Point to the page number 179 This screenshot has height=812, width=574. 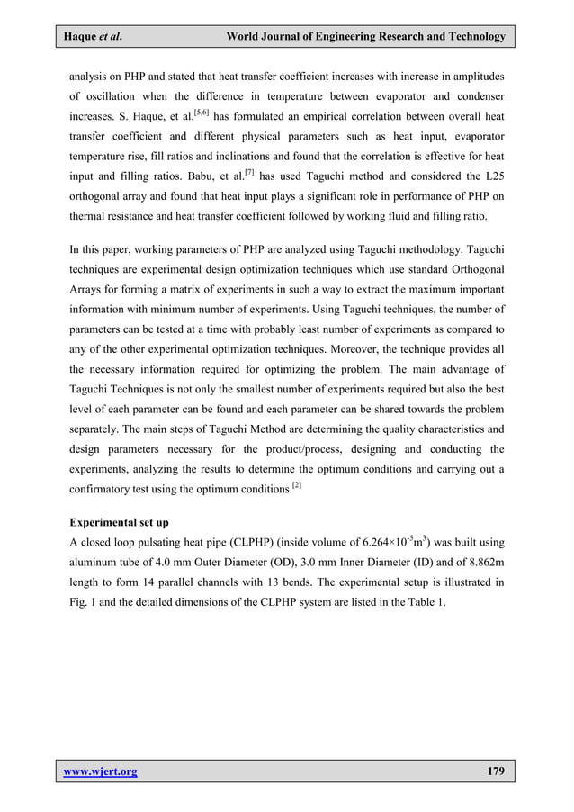[x=494, y=771]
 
